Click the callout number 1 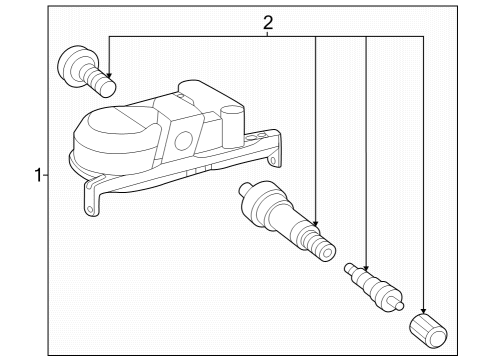(x=36, y=176)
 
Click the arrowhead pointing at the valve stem (x=316, y=221)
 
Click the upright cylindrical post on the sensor (x=233, y=125)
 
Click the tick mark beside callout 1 (x=46, y=176)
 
